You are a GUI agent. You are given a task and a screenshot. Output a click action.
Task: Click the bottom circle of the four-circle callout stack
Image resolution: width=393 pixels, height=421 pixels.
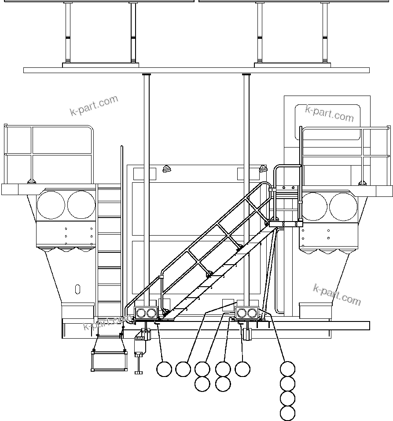287,414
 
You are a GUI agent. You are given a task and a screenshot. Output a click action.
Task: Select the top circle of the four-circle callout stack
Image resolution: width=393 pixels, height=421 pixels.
287,369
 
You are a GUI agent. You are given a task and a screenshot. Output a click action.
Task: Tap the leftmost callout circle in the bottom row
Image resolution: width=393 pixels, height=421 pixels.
164,369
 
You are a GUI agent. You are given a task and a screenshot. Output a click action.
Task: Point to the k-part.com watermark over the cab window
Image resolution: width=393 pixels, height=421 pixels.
329,113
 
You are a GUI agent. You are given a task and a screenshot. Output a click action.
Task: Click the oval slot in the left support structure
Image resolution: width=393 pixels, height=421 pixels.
77,289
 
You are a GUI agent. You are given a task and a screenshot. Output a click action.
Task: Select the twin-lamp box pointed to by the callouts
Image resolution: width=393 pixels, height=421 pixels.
247,313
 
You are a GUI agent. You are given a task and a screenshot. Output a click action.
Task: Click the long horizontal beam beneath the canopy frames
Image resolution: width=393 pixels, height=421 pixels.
196,70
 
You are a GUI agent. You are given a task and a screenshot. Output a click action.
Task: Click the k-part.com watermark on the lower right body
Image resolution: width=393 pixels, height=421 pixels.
337,295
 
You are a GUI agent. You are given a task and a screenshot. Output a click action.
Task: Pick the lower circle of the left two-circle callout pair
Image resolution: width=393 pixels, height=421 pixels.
202,384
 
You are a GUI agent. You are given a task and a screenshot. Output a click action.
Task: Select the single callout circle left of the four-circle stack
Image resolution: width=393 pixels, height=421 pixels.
242,369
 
